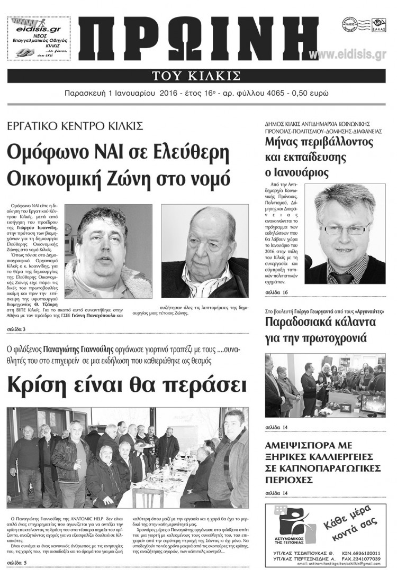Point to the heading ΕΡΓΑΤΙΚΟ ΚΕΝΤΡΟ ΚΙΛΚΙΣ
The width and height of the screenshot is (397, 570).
point(75,126)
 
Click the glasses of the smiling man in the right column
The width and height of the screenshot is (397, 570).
point(347,229)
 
